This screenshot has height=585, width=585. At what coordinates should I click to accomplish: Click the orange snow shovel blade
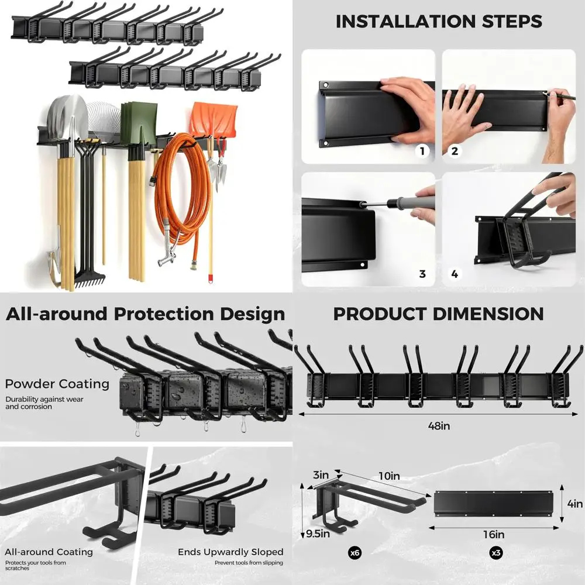(214, 119)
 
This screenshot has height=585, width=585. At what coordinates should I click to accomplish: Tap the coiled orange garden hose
(181, 193)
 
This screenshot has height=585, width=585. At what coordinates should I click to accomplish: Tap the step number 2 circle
(455, 152)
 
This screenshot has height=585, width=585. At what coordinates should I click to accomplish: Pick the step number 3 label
(422, 274)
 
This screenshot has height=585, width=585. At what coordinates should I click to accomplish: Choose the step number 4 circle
(455, 274)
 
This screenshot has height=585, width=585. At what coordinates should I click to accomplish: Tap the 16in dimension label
(494, 534)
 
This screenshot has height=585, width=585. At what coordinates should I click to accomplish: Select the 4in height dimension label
(575, 504)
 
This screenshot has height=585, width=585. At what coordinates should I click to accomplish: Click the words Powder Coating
(57, 384)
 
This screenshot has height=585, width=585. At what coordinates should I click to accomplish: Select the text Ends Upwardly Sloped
(230, 552)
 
